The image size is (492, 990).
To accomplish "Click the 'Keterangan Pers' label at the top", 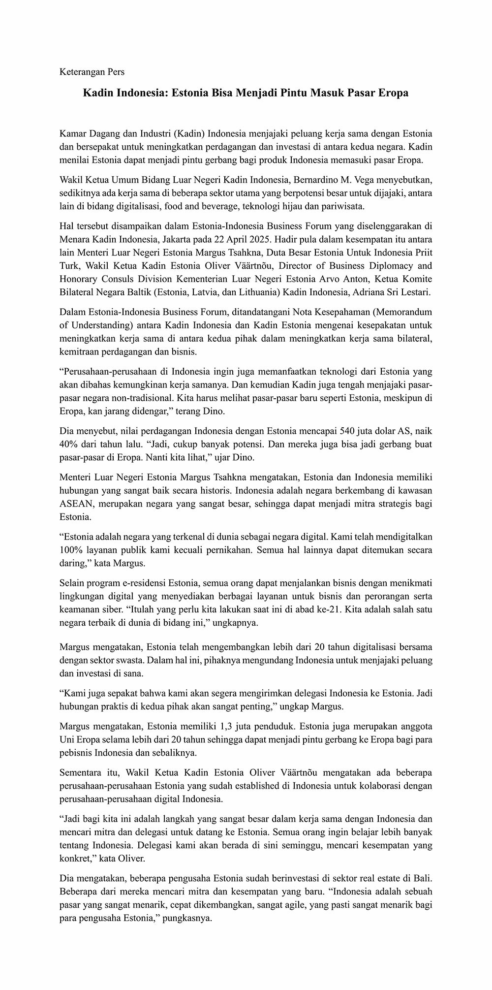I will [92, 72].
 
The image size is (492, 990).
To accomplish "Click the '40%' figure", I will [68, 444].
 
